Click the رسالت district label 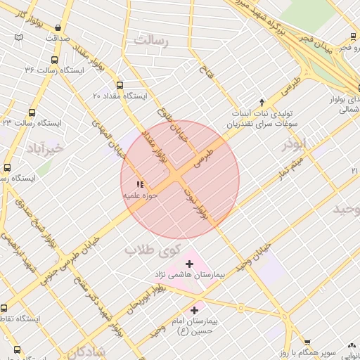point(153,41)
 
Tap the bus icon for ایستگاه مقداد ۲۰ point(119,85)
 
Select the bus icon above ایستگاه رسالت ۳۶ point(54,60)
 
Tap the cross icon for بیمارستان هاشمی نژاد point(189,263)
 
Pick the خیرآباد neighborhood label point(45,148)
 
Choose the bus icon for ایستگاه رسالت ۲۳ point(32,112)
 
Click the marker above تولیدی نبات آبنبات point(262,103)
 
